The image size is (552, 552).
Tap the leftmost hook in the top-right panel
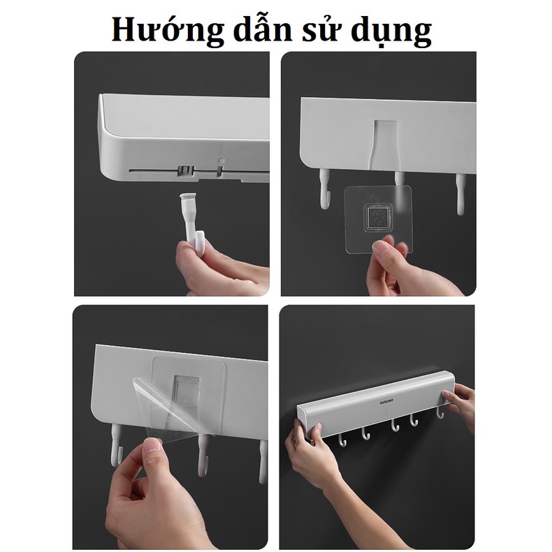[324, 193]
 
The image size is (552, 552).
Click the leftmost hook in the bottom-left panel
[115, 446]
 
